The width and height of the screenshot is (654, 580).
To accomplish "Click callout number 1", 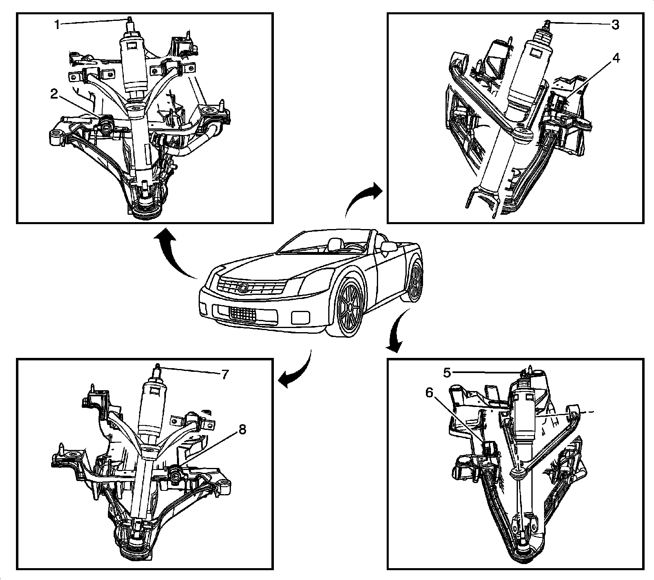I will (x=58, y=25).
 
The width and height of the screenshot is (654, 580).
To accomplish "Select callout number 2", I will (x=54, y=94).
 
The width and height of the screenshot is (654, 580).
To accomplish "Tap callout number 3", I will (x=615, y=25).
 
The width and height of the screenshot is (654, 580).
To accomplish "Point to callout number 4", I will (x=616, y=58).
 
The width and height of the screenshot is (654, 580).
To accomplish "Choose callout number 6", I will (x=429, y=393).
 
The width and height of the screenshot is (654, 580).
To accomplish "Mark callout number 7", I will (x=224, y=374).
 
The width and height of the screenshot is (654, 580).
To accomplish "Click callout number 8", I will (x=242, y=430).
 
